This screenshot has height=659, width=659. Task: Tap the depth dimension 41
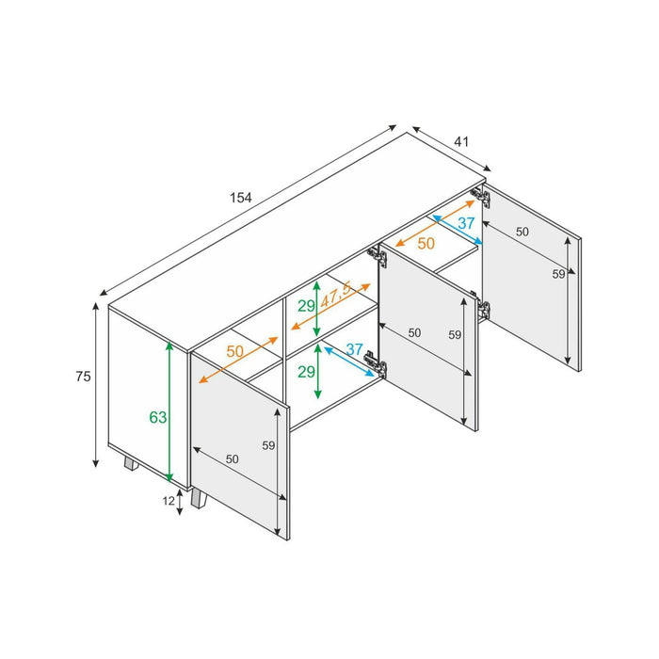tap(461, 142)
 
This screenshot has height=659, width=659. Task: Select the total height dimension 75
tap(83, 377)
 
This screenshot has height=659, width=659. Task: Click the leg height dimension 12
tap(169, 501)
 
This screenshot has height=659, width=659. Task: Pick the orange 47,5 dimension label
tap(335, 296)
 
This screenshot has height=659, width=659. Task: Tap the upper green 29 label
tap(305, 306)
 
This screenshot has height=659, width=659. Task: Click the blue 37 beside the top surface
tap(466, 223)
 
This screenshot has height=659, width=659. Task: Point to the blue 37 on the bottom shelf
tap(354, 349)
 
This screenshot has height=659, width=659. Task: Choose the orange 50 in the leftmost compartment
tap(235, 351)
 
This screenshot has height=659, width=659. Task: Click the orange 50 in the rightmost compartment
tap(426, 243)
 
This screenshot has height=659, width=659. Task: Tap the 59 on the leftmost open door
tap(269, 446)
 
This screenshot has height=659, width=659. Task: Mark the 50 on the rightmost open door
tap(522, 232)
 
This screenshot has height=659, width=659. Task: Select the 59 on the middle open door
tap(456, 334)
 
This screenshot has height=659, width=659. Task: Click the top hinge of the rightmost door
tap(481, 198)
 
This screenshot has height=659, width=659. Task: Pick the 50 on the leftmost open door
tap(232, 458)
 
